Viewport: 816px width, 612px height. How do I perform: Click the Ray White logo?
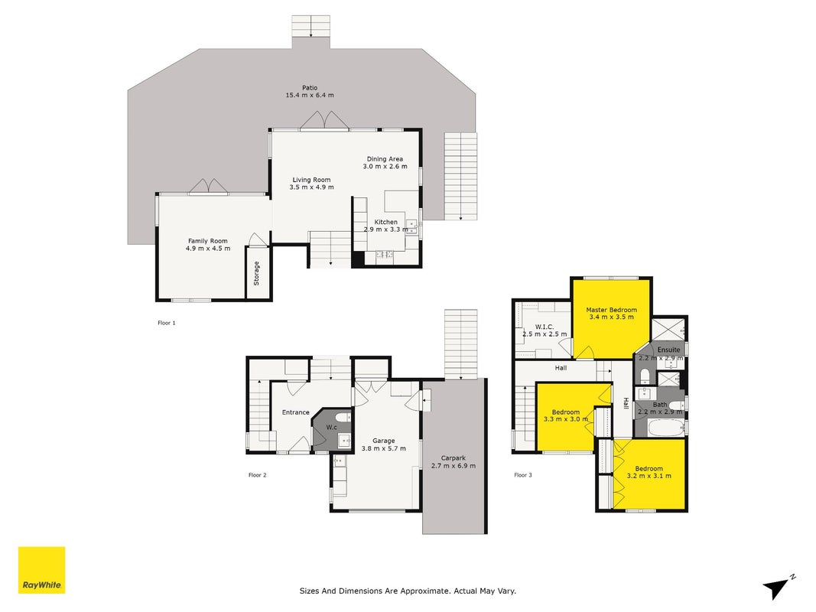(41, 570)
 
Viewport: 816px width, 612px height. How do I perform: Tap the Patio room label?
(310, 88)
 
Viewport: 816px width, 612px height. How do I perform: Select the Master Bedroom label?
(612, 310)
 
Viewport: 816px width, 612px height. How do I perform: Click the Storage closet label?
(256, 273)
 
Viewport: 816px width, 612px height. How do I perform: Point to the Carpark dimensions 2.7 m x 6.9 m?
(454, 466)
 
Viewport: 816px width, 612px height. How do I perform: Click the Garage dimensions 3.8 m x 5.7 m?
(384, 448)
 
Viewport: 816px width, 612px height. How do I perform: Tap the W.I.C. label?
(545, 327)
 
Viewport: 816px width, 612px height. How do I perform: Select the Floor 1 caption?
(167, 323)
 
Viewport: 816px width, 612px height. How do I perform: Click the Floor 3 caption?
(523, 474)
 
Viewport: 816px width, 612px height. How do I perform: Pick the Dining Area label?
(385, 158)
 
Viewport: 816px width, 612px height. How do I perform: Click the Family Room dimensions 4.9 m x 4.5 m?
(208, 248)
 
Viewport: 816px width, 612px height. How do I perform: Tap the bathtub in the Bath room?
(666, 429)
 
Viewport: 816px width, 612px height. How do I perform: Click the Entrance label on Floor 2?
(296, 412)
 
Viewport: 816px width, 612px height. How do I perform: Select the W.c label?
(331, 428)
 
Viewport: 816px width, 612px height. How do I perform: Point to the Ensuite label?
(668, 350)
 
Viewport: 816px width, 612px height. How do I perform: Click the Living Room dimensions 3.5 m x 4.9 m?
(312, 187)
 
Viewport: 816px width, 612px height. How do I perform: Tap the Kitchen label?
(386, 222)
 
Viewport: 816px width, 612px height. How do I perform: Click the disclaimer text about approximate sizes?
(408, 591)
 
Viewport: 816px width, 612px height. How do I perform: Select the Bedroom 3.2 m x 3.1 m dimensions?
(649, 476)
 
